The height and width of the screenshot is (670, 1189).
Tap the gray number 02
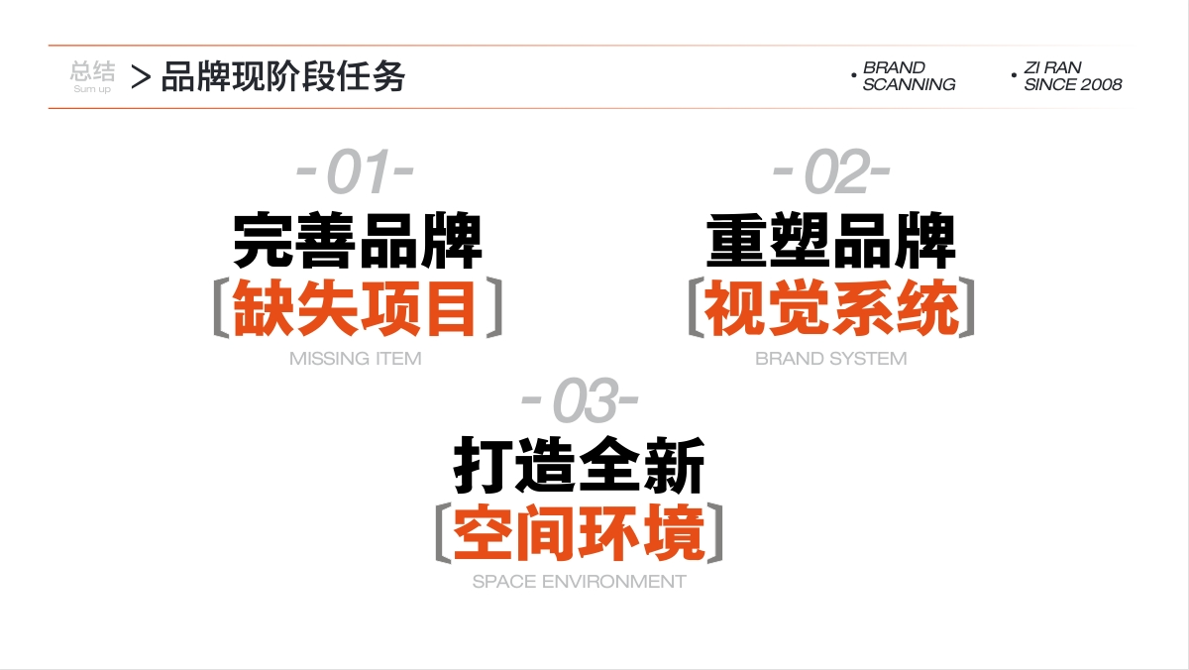tap(836, 171)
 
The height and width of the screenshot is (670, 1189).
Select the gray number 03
tap(585, 399)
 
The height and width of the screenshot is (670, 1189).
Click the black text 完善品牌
tap(358, 242)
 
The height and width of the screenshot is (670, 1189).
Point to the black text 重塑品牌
tap(831, 242)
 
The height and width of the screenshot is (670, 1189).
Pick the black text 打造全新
tap(579, 466)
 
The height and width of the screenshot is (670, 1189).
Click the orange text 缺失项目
tap(354, 308)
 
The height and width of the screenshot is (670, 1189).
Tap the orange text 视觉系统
tap(831, 308)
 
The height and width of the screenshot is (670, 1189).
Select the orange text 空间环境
tap(579, 533)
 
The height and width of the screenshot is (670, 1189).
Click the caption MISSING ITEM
tap(355, 359)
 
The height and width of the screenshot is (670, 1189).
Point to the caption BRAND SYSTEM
tap(830, 359)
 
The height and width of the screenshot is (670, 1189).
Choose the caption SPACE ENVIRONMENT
tap(579, 582)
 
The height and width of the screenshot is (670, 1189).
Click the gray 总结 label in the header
tap(92, 70)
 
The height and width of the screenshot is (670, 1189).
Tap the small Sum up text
tap(92, 89)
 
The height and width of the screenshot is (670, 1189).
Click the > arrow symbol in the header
tap(141, 77)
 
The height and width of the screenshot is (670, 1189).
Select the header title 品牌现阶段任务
tap(283, 77)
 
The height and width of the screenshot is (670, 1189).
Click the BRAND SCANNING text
tap(909, 76)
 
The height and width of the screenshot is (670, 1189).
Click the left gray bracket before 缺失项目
tap(221, 308)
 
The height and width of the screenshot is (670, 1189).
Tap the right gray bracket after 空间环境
tap(715, 532)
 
